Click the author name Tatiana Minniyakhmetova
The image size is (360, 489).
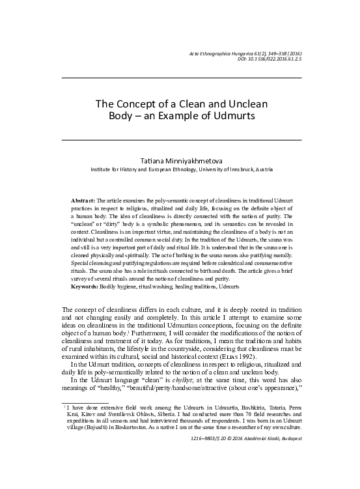click(181, 160)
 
